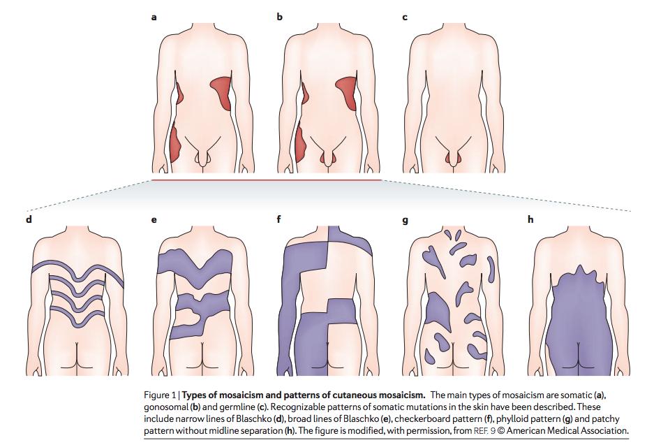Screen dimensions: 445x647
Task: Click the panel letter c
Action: (405, 17)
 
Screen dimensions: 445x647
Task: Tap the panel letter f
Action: (279, 219)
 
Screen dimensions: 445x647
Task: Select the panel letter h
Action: (530, 219)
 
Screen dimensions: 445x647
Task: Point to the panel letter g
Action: (405, 219)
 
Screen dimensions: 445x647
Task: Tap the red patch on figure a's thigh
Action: (175, 143)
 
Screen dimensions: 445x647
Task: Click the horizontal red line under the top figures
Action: (267, 180)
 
